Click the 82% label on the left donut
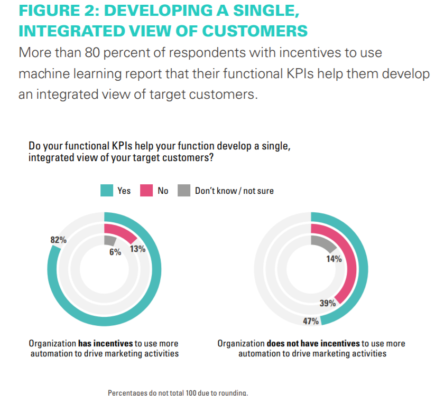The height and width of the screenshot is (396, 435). (58, 240)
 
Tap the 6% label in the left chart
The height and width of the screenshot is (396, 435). (115, 252)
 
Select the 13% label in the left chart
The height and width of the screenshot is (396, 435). (137, 249)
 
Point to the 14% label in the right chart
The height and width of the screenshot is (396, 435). (334, 259)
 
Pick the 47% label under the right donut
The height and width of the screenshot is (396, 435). (310, 321)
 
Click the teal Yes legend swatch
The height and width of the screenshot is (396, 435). (107, 191)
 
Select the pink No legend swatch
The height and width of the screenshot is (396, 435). (146, 191)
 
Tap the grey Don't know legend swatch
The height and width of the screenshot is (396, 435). (184, 191)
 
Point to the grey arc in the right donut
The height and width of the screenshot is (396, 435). (323, 242)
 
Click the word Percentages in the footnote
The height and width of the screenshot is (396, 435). (130, 392)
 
